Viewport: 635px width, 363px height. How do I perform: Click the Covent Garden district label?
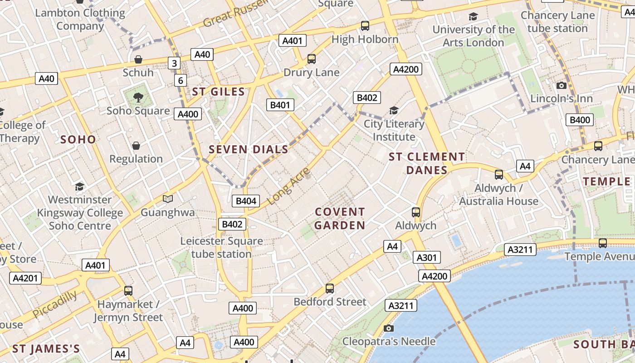pyautogui.click(x=340, y=218)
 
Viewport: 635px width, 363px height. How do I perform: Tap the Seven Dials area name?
pyautogui.click(x=248, y=149)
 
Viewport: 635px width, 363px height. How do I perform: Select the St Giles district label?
pyautogui.click(x=218, y=92)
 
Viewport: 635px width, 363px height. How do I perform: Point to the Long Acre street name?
pyautogui.click(x=288, y=186)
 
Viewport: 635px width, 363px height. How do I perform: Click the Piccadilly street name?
pyautogui.click(x=54, y=304)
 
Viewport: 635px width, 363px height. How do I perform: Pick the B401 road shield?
pyautogui.click(x=280, y=105)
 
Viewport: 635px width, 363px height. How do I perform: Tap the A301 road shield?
pyautogui.click(x=426, y=258)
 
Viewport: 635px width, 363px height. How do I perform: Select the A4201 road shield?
pyautogui.click(x=25, y=278)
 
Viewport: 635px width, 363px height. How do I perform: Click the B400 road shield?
pyautogui.click(x=580, y=120)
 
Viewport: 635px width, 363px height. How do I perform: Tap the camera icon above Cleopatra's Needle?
pyautogui.click(x=388, y=328)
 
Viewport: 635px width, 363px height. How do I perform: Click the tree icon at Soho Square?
pyautogui.click(x=138, y=97)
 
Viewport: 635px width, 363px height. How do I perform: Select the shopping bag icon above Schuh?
pyautogui.click(x=138, y=59)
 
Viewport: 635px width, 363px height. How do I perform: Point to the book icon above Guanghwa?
pyautogui.click(x=168, y=199)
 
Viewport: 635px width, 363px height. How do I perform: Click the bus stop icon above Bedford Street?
pyautogui.click(x=330, y=288)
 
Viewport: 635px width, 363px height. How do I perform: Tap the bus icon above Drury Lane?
pyautogui.click(x=311, y=59)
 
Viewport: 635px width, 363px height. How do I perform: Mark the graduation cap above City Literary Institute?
pyautogui.click(x=394, y=110)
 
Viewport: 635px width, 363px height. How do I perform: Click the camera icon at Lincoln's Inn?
pyautogui.click(x=562, y=85)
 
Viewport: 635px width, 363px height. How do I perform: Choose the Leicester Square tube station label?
pyautogui.click(x=221, y=247)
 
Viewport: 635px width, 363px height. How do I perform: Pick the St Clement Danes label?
pyautogui.click(x=427, y=163)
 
